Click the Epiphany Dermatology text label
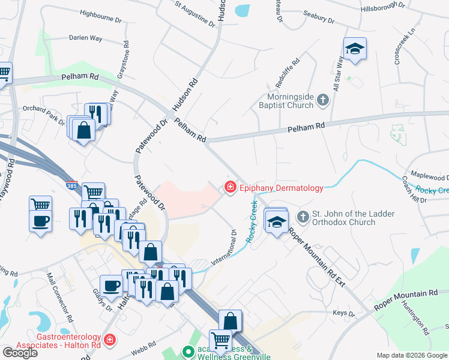282,188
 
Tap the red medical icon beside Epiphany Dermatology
229,188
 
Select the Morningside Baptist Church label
291,100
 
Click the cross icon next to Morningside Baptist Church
323,100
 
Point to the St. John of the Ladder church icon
303,215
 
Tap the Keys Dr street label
344,313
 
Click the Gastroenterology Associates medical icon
109,341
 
